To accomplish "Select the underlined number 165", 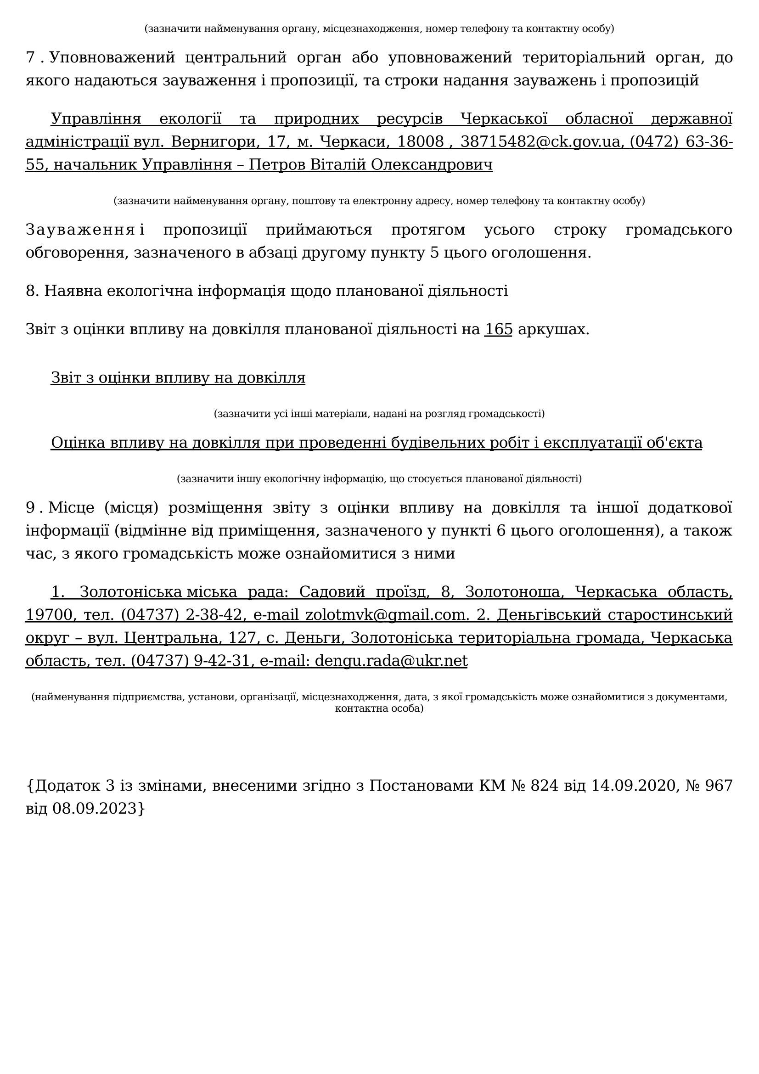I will pyautogui.click(x=498, y=329).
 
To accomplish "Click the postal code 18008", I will pyautogui.click(x=420, y=141).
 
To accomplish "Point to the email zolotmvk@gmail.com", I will pyautogui.click(x=387, y=615).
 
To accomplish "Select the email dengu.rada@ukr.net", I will pyautogui.click(x=391, y=660).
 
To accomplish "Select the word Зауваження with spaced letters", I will pyautogui.click(x=80, y=230).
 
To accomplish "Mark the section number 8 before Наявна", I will pyautogui.click(x=31, y=291).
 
